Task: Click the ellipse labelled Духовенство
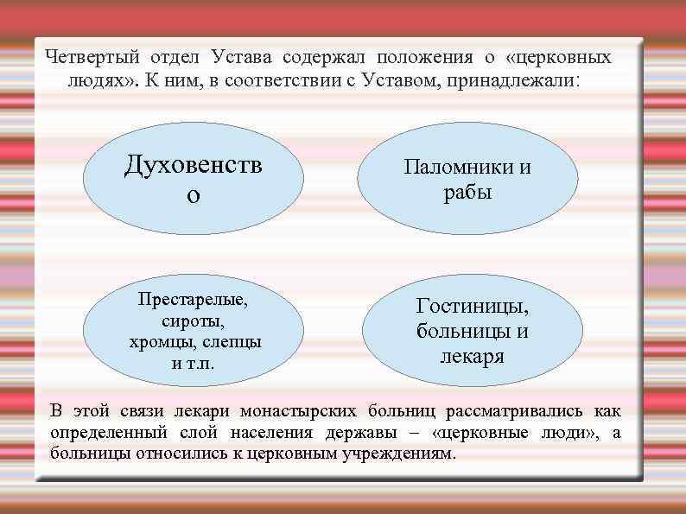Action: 194,178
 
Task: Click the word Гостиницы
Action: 473,306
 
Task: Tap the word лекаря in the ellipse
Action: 473,354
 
